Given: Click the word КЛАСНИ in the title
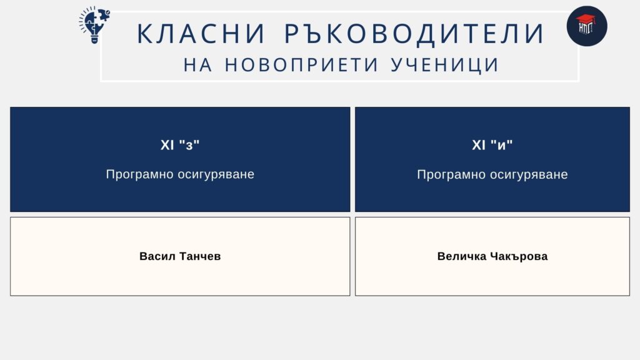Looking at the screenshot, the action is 201,34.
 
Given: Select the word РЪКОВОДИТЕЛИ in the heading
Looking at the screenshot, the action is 414,34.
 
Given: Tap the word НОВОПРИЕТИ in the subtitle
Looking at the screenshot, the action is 302,65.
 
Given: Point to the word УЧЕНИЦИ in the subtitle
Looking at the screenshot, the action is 445,65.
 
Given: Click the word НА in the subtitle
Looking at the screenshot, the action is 198,65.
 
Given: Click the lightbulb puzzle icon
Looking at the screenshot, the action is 94,24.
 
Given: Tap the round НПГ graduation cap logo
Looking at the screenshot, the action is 586,26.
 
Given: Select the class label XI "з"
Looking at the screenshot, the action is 180,145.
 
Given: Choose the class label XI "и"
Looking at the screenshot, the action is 492,145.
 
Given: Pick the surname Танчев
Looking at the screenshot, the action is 200,256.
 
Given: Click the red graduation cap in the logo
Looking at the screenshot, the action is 585,19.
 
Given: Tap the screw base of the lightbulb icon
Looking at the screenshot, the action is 94,39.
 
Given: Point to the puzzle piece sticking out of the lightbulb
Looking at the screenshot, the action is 104,16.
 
